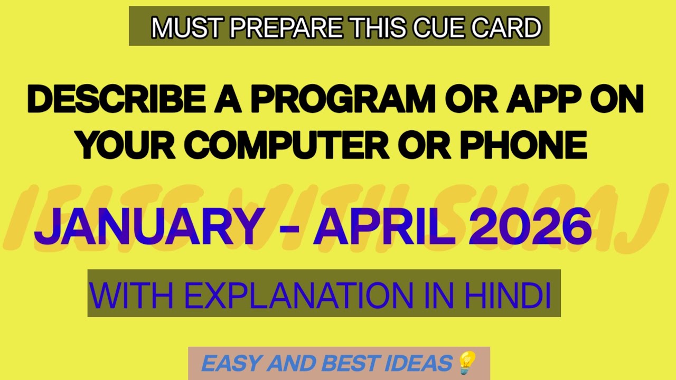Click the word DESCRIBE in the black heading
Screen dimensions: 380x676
(116, 100)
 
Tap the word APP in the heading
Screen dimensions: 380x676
(544, 100)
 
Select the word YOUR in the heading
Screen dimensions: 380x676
(127, 145)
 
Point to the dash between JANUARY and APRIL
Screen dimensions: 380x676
(289, 229)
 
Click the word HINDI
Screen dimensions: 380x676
(507, 296)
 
